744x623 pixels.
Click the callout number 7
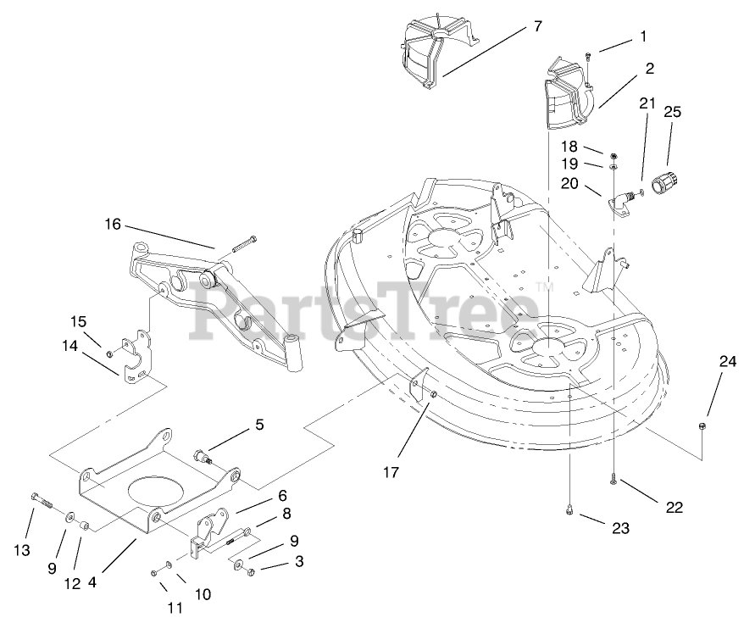[x=536, y=26]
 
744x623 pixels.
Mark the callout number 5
[x=260, y=422]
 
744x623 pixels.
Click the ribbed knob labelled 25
[x=666, y=182]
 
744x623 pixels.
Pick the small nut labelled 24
[x=702, y=425]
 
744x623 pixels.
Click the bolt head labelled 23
[x=570, y=510]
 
